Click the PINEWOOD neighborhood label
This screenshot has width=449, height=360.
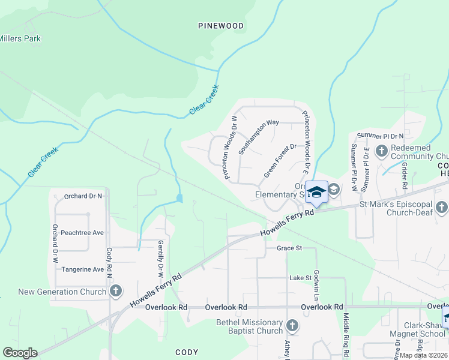[x=221, y=26]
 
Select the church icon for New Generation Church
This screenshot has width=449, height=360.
[x=116, y=292]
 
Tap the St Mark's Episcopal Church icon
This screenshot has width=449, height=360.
[x=441, y=208]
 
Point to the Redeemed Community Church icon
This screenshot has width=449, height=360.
[x=381, y=150]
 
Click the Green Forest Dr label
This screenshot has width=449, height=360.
[x=280, y=160]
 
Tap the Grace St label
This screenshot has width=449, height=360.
[x=288, y=248]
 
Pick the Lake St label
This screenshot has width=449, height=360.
[x=301, y=278]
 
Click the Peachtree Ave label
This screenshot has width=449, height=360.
[x=82, y=232]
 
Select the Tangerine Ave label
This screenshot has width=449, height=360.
[x=82, y=269]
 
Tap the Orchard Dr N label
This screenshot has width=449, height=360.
[x=83, y=196]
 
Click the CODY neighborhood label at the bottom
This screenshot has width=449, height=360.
[x=186, y=352]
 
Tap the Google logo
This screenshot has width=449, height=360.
[x=20, y=353]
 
